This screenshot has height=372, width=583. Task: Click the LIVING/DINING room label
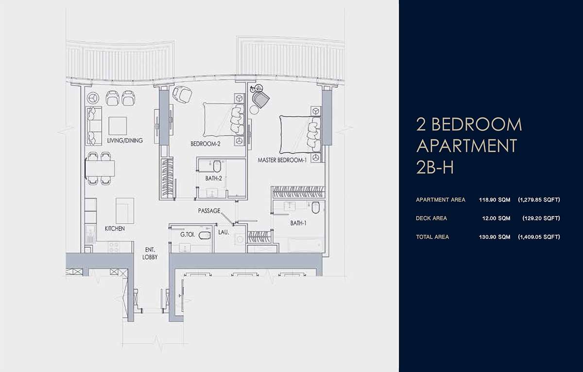(x=125, y=140)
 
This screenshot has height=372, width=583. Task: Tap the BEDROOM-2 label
(x=206, y=144)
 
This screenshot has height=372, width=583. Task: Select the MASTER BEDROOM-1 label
(x=282, y=160)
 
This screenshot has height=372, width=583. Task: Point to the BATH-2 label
(x=213, y=178)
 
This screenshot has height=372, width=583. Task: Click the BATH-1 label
(x=298, y=223)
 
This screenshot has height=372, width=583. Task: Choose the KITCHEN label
(x=115, y=228)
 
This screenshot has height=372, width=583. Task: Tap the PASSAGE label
(x=209, y=211)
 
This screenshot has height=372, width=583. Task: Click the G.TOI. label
(x=188, y=235)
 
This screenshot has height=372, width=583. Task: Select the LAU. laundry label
(x=223, y=232)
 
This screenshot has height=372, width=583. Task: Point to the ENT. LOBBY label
(x=150, y=254)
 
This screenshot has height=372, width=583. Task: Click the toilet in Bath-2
(x=217, y=166)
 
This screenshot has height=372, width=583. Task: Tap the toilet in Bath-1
(x=315, y=207)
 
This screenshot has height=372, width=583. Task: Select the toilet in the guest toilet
(x=205, y=235)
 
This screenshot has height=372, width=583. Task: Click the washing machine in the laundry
(x=239, y=239)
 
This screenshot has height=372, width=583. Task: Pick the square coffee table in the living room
(x=118, y=126)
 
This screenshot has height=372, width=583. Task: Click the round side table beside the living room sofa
(x=93, y=98)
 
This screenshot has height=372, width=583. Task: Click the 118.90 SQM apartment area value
(x=495, y=200)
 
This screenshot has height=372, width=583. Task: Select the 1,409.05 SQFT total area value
(x=539, y=237)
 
